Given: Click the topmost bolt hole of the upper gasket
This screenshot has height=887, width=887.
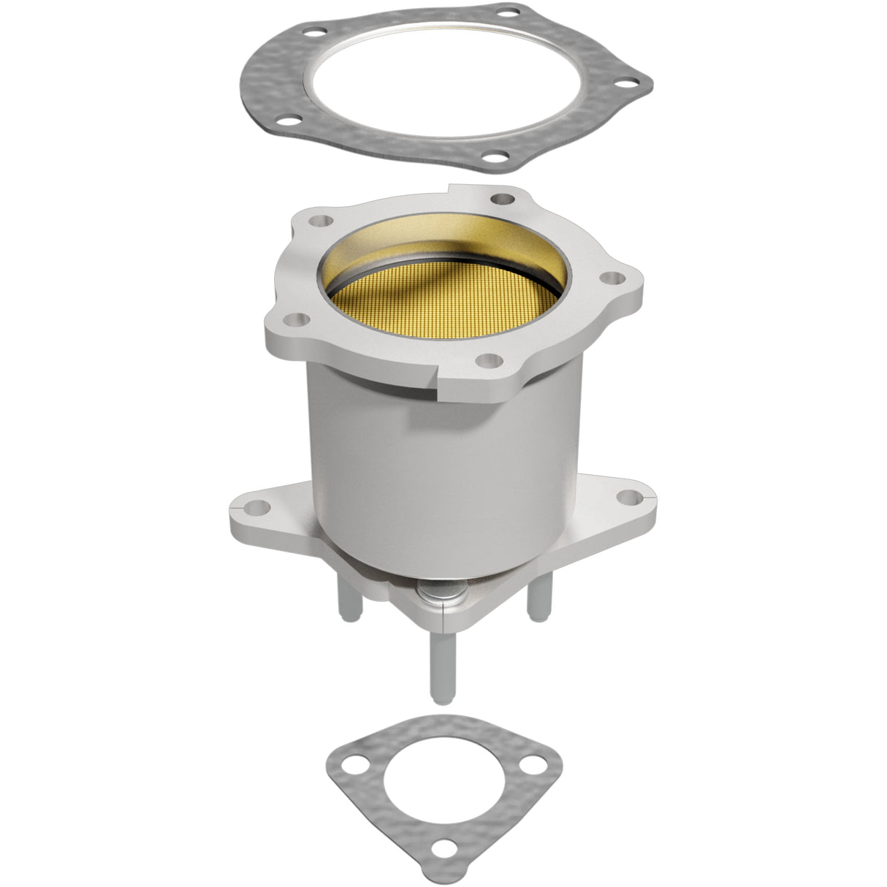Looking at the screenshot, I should [316, 31].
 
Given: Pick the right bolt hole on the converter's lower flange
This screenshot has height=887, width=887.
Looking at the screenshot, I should [625, 496].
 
